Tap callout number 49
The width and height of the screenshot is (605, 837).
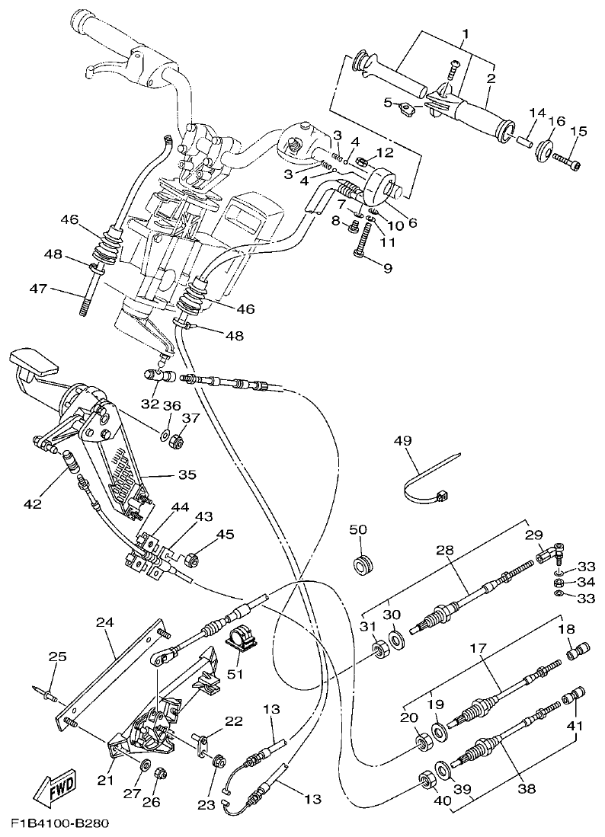[402, 441]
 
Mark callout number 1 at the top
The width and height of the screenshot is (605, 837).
[464, 34]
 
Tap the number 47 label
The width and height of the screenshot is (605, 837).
[38, 289]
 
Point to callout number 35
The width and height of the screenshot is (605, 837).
[187, 474]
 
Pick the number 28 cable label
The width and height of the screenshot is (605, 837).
[444, 550]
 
